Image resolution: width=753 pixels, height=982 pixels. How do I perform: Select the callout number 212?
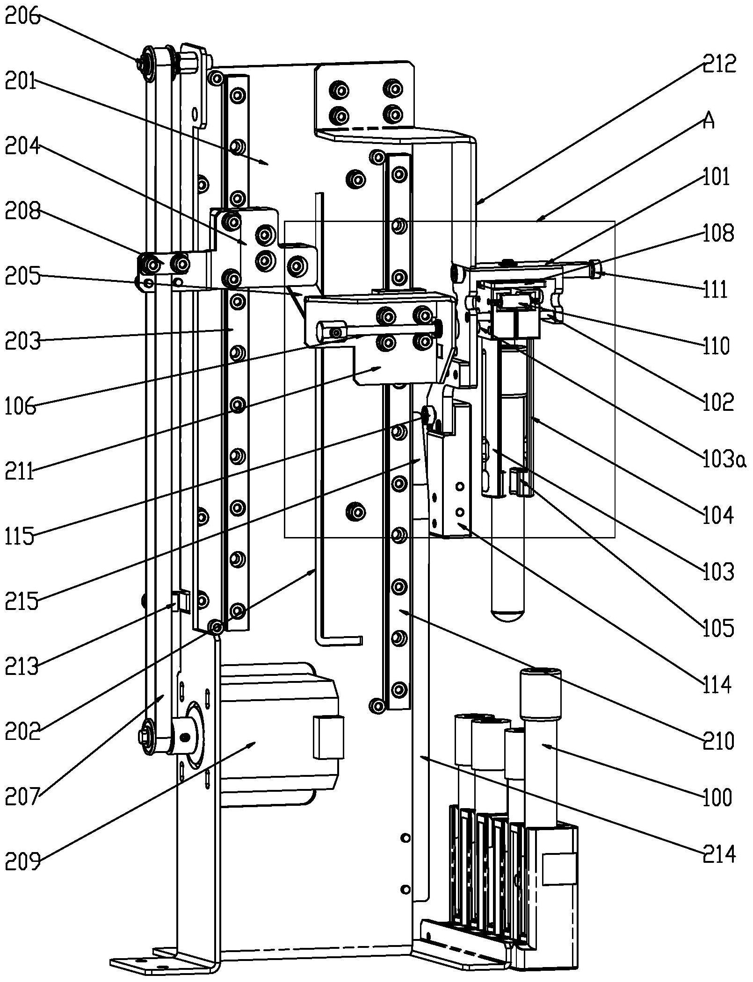tap(719, 64)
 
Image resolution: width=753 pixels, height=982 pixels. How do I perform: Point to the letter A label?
tap(709, 122)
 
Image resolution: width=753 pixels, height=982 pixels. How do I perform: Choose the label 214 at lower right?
tap(720, 853)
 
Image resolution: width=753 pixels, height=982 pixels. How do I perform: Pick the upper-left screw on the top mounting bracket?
tap(340, 89)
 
